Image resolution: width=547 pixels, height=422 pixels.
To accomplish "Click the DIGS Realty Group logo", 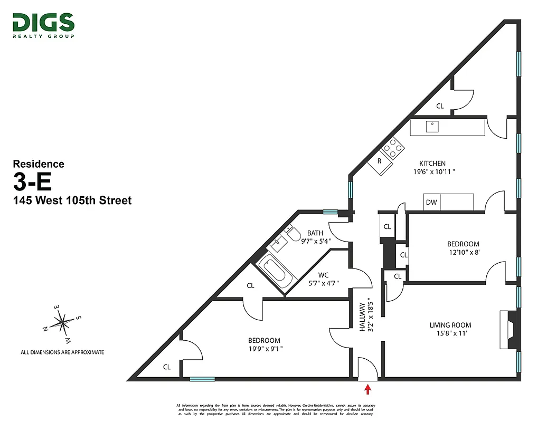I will (43, 25).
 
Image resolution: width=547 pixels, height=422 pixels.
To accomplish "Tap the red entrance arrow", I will (368, 389).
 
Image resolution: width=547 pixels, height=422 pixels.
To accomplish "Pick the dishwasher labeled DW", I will (431, 202).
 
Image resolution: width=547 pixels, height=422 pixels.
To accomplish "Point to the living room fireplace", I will (509, 330).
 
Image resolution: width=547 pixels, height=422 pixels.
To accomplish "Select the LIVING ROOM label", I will (450, 325).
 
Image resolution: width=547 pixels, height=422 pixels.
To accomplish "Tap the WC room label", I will (324, 275).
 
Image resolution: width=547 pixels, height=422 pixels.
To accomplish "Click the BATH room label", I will (315, 233).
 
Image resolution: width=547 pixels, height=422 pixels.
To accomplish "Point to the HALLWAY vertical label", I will (363, 316).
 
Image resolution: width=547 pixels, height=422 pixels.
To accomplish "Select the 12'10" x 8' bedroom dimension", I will (463, 252).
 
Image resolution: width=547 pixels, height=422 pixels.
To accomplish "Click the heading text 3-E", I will (32, 182).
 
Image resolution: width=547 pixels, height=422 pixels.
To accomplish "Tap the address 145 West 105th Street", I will (72, 200).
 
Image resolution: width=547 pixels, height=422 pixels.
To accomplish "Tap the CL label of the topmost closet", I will (440, 106).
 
